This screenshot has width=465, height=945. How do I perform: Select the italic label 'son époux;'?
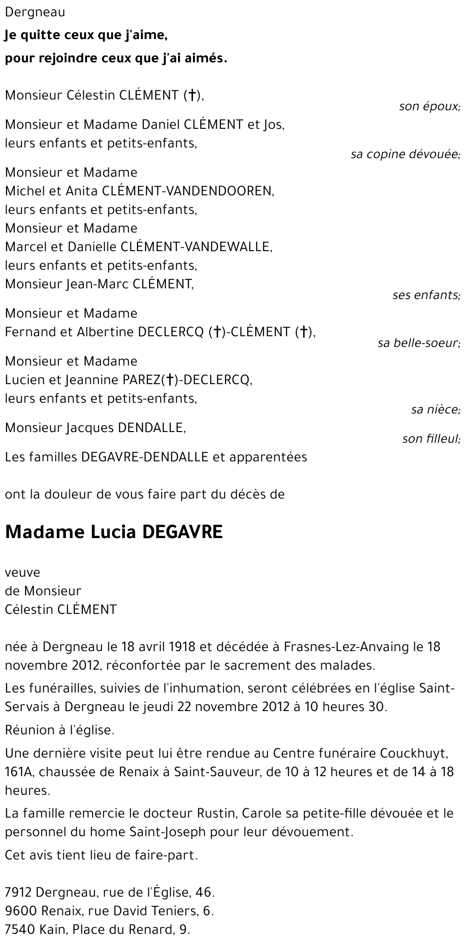tap(429, 106)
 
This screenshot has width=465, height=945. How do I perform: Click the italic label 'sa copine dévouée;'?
tap(405, 154)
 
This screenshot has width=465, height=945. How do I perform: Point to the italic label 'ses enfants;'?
tap(426, 295)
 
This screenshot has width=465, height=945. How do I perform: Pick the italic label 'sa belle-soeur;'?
tap(418, 344)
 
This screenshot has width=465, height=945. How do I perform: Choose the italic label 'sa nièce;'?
tap(436, 410)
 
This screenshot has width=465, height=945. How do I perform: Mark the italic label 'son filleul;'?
tap(431, 439)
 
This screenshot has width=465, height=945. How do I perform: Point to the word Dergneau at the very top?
tap(35, 13)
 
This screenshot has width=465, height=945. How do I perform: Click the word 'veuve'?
tap(22, 572)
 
